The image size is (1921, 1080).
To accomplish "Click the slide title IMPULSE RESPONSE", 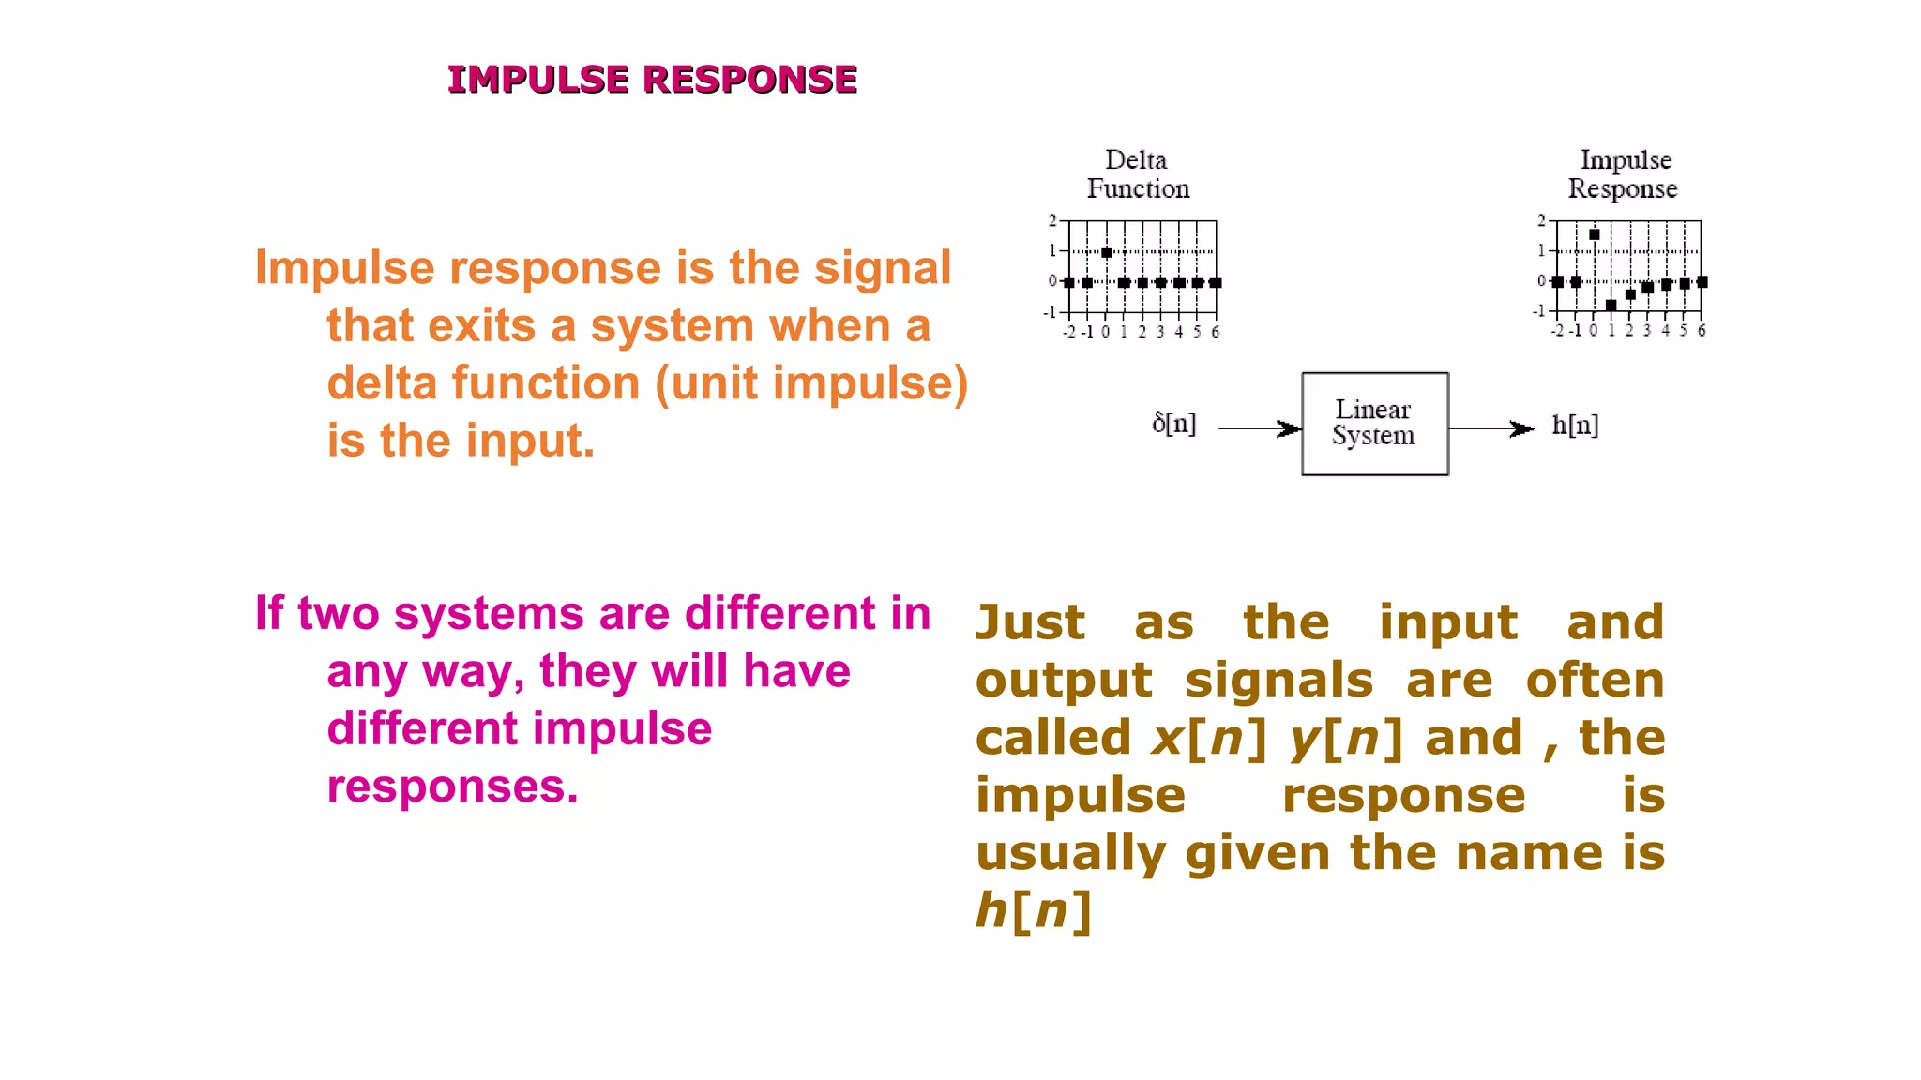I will click(x=652, y=80).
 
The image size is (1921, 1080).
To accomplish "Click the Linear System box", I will click(x=1374, y=424).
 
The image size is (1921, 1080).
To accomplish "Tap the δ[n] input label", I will click(x=1173, y=424).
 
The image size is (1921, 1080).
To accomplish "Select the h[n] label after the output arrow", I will click(x=1575, y=426).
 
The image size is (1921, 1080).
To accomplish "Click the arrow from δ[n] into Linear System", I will click(x=1260, y=428).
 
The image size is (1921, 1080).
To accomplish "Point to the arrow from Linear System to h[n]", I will click(x=1491, y=428).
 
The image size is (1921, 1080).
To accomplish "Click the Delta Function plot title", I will click(x=1138, y=174).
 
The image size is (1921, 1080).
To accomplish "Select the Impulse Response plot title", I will click(x=1624, y=174).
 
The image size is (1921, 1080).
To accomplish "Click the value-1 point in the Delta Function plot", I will click(x=1107, y=252).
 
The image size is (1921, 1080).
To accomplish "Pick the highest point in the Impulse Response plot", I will click(x=1594, y=234).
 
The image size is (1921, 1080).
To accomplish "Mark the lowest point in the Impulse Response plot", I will click(x=1611, y=306).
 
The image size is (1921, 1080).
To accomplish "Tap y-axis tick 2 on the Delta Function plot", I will click(x=1052, y=220).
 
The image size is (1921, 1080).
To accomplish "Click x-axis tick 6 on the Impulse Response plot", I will click(x=1702, y=331).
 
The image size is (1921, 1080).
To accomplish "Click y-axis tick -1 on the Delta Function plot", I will click(x=1051, y=311).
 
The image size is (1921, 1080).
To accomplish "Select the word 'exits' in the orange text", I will click(x=482, y=326).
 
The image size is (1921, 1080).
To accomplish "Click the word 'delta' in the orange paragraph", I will click(x=381, y=383).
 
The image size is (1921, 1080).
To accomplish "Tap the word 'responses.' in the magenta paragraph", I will click(x=452, y=787).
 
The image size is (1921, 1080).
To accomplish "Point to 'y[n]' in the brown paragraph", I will click(x=1345, y=739).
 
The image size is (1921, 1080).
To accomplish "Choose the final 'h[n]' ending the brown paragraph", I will click(x=1033, y=911).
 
